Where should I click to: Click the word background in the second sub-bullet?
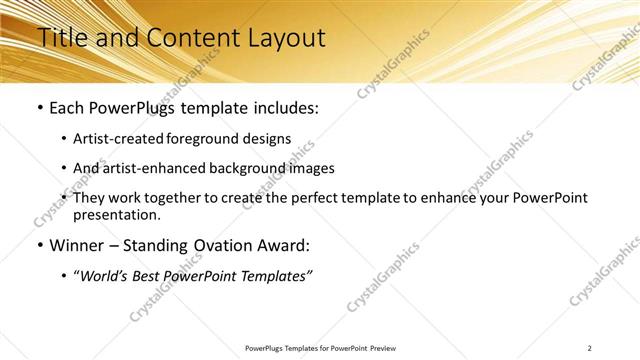[246, 168]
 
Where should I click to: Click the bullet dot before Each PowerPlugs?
[39, 106]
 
